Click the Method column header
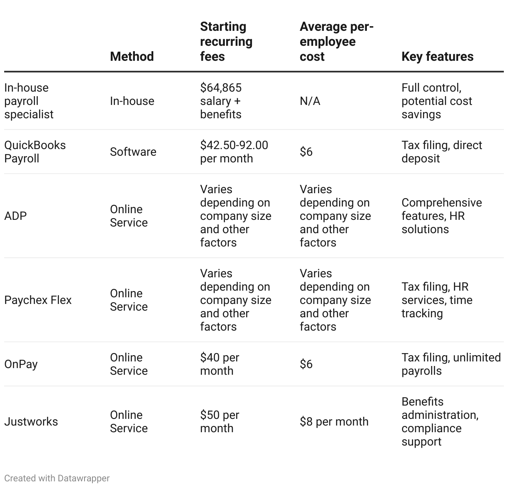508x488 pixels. point(132,56)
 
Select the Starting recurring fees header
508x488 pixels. point(226,42)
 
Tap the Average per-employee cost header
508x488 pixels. point(336,42)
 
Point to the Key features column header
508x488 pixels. point(437,56)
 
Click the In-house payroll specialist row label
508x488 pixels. point(29,101)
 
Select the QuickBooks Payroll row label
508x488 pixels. point(35,152)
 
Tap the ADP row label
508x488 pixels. point(15,216)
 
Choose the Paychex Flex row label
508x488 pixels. point(38,300)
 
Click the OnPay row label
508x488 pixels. point(21,364)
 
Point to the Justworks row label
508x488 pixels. point(31,421)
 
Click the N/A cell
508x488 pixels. point(310,101)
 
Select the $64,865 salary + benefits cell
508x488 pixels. point(221,101)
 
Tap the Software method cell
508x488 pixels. point(133,152)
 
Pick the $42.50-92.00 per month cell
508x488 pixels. point(234,152)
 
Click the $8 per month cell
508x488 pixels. point(334,421)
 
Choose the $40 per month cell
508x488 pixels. point(219,364)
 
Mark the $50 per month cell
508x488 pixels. point(219,421)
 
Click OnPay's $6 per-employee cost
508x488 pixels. point(306,364)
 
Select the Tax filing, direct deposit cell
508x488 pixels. point(442,152)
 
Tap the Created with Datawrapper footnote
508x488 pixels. point(57,478)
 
